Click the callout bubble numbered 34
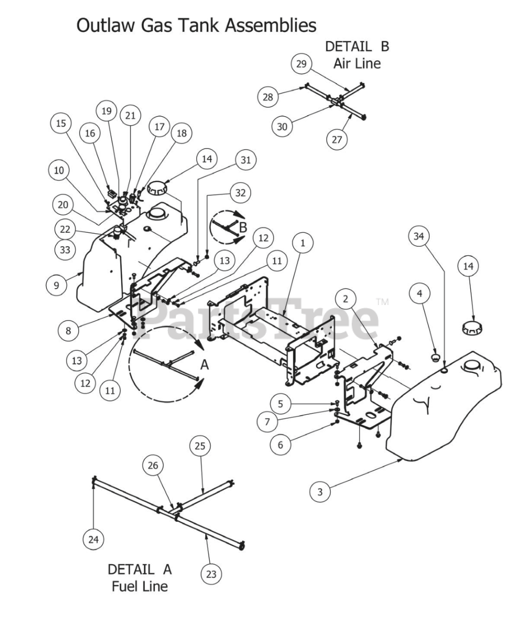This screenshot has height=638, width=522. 419,236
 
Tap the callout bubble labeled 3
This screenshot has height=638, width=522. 320,492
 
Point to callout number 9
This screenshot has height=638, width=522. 56,285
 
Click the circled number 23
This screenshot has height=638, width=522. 211,574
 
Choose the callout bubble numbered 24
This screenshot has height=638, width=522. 94,539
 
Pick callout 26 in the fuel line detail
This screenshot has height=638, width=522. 153,466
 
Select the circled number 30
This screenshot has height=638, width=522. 282,127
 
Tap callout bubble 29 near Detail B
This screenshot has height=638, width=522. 301,64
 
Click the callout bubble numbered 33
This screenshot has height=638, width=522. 65,249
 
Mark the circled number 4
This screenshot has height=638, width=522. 419,294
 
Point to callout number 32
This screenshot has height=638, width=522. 241,193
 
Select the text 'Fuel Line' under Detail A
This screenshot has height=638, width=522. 139,586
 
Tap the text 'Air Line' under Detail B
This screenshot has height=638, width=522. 357,63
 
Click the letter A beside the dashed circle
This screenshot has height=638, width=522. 205,365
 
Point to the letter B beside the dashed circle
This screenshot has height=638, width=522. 243,227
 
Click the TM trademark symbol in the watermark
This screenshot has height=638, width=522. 382,302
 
